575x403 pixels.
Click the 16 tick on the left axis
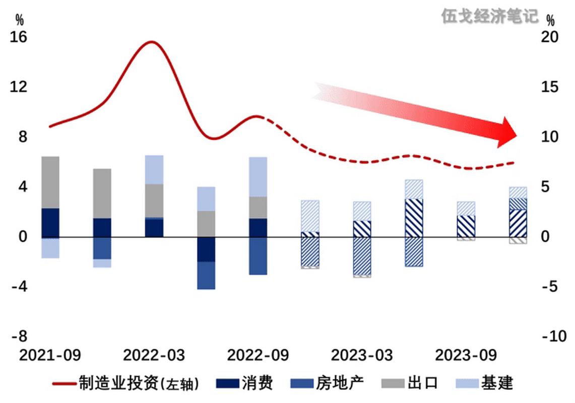19,37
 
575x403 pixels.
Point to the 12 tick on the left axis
19,87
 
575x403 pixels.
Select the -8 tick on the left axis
19,337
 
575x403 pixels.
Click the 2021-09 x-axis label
50,355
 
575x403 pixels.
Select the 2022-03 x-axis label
154,355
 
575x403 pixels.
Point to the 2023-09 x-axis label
466,355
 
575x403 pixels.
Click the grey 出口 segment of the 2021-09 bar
50,182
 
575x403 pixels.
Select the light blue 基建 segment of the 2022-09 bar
258,176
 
